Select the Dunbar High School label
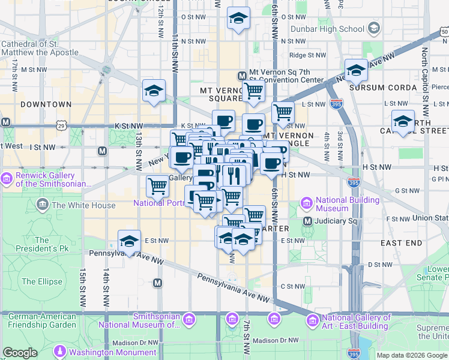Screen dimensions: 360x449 click(327, 29)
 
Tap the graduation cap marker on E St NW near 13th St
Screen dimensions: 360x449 click(129, 241)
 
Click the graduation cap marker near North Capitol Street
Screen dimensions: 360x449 click(403, 121)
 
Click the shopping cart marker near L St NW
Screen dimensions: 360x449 click(283, 112)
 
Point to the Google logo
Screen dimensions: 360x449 click(20, 353)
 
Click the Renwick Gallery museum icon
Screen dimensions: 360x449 click(7, 178)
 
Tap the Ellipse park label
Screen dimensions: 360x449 click(41, 281)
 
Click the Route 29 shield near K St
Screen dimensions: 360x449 click(61, 125)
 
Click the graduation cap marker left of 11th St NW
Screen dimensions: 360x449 click(154, 91)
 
